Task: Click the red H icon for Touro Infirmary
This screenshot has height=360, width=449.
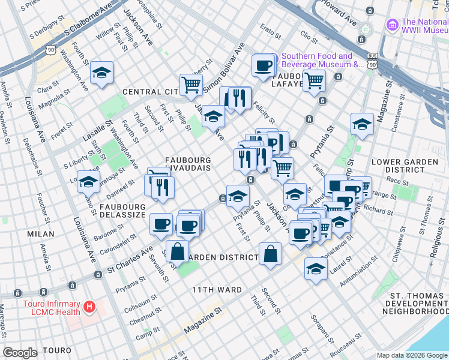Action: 89,307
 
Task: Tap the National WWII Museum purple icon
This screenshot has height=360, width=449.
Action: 393,25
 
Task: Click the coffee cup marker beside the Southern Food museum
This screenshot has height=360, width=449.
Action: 263,67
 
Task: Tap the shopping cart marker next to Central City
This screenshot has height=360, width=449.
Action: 191,85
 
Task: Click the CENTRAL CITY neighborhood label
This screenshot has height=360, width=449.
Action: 150,92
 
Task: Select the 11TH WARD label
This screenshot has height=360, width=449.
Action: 217,290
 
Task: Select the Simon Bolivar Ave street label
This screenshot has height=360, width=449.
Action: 224,67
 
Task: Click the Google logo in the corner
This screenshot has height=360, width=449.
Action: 20,353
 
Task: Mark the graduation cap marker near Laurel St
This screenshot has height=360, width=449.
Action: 316,269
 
